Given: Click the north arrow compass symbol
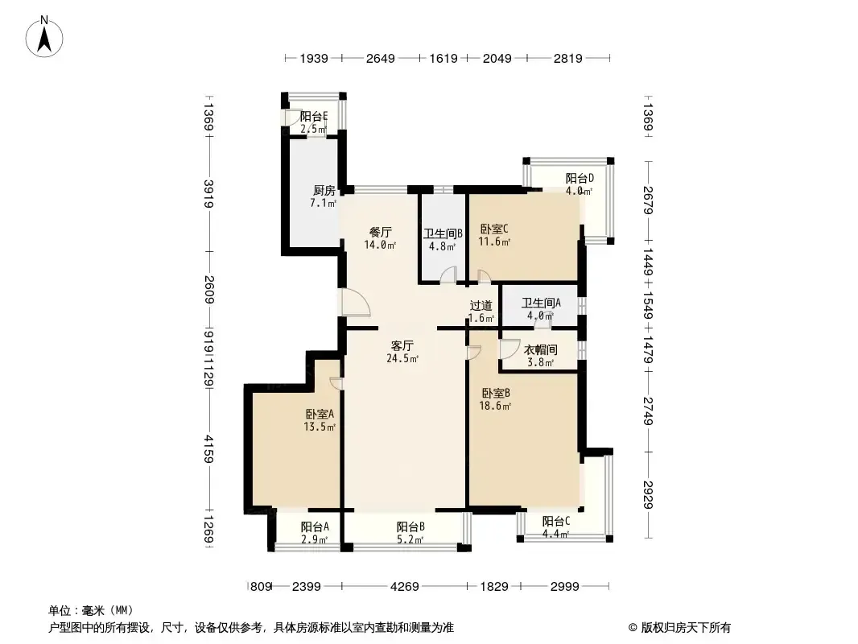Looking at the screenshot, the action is coord(44,36).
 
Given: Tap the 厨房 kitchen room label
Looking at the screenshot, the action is coord(324,191).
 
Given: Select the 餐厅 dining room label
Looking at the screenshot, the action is coord(380,232).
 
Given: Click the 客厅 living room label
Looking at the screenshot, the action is coord(402,346).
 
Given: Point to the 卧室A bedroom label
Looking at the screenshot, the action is coord(320,415).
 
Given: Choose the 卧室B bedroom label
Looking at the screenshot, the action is coord(496,394).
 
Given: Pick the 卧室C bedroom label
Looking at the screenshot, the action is coord(494,229).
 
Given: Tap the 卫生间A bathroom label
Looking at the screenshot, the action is coord(541,303).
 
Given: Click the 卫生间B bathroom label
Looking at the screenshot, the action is coord(443,233).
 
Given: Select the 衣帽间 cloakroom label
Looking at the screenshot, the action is coord(541,349).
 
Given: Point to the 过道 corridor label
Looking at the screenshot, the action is coord(481,306).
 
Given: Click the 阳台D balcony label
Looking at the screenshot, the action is coord(580,179).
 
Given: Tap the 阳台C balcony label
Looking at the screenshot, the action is coord(556,522).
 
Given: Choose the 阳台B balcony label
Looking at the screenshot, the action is coord(410,527).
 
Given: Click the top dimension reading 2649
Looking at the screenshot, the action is coord(380,58).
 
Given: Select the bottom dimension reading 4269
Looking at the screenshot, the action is coord(404,587).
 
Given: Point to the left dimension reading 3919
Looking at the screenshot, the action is coord(208,194).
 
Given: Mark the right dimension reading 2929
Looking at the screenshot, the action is coord(649,494).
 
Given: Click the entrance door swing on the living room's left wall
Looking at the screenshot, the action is coord(355,303).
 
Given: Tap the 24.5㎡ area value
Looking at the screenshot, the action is coord(402,359).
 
